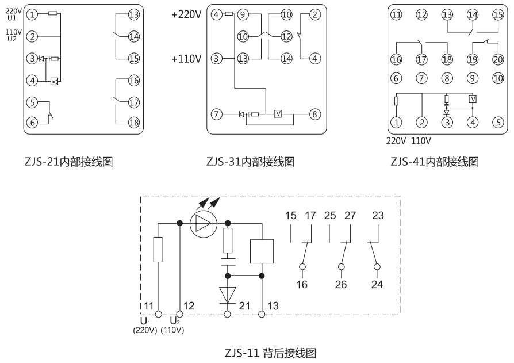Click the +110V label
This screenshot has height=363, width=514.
click(x=186, y=59)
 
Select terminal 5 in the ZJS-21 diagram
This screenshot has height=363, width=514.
click(x=33, y=102)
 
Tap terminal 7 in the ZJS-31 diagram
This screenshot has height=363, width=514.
click(x=216, y=114)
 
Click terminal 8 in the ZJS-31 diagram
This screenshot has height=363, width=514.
click(x=314, y=114)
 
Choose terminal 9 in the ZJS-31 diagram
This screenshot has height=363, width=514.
click(x=243, y=15)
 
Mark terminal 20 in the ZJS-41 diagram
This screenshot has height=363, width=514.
click(x=497, y=59)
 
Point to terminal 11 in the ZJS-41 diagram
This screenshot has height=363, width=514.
click(x=396, y=15)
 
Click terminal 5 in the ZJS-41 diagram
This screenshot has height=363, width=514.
click(x=497, y=122)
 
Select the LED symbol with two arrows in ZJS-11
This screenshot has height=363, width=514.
click(x=205, y=222)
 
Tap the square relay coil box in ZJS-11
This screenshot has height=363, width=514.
click(x=262, y=250)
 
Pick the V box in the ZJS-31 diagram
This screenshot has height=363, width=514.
click(x=278, y=114)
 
